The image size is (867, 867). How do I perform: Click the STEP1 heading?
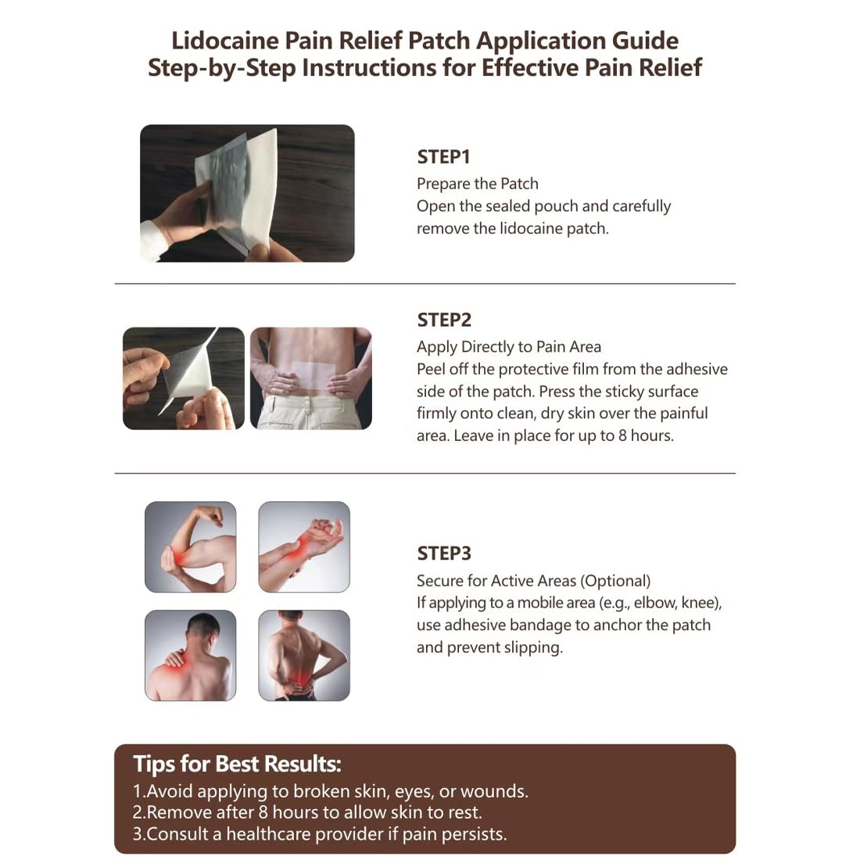click(443, 157)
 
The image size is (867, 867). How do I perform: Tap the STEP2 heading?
click(444, 321)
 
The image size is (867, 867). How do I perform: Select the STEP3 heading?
click(444, 554)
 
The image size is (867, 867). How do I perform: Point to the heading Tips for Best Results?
click(237, 764)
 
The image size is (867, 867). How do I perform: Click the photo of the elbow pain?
click(190, 546)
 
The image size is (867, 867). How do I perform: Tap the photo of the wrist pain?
click(304, 546)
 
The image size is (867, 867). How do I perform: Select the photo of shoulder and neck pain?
click(190, 655)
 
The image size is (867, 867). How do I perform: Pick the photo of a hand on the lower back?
click(304, 655)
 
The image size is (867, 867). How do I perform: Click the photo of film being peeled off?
click(183, 378)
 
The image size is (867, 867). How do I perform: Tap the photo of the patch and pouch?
click(247, 193)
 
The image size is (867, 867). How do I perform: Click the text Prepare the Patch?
click(477, 184)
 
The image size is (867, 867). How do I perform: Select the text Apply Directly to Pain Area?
click(509, 346)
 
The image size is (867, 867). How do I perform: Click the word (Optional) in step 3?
click(615, 581)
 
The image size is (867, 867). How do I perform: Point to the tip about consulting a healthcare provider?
click(320, 834)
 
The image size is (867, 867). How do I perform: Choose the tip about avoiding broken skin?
click(331, 791)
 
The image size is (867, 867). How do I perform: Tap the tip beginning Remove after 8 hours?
click(307, 812)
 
